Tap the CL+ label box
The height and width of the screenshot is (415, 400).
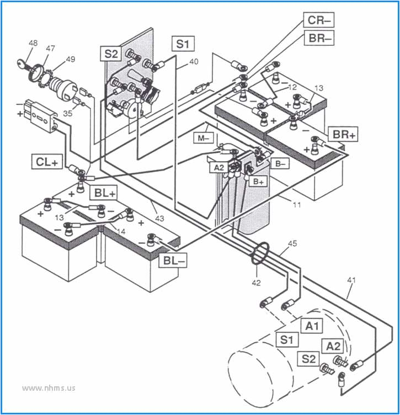click(x=48, y=162)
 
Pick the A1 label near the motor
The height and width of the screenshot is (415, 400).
click(x=313, y=326)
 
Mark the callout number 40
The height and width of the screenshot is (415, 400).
click(x=193, y=62)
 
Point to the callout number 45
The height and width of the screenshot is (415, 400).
click(x=292, y=244)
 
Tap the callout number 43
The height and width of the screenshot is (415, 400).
click(x=159, y=219)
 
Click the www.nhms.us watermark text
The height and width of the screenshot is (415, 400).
click(x=49, y=387)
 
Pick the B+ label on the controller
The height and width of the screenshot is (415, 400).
click(x=257, y=180)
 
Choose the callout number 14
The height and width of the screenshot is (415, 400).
click(x=120, y=232)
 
